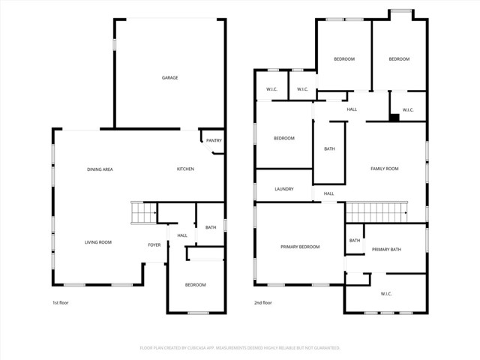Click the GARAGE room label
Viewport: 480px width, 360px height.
170,78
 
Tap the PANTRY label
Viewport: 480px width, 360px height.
214,140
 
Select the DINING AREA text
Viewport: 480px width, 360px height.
99,169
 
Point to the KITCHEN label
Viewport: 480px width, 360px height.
185,169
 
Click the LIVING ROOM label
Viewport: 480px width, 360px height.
97,242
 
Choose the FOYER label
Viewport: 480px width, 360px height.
154,244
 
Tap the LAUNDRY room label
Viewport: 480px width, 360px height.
283,189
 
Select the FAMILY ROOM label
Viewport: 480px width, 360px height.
384,169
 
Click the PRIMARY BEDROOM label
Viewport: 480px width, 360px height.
300,247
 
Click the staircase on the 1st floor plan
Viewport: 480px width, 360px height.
142,213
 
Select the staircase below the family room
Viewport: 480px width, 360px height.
375,212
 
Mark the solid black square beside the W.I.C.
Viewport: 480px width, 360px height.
393,117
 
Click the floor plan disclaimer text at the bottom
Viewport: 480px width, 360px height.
240,348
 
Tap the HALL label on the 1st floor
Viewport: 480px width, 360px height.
182,235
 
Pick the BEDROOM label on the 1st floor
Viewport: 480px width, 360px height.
196,285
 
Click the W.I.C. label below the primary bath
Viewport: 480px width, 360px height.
386,293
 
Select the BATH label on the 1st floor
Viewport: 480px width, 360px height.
211,227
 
